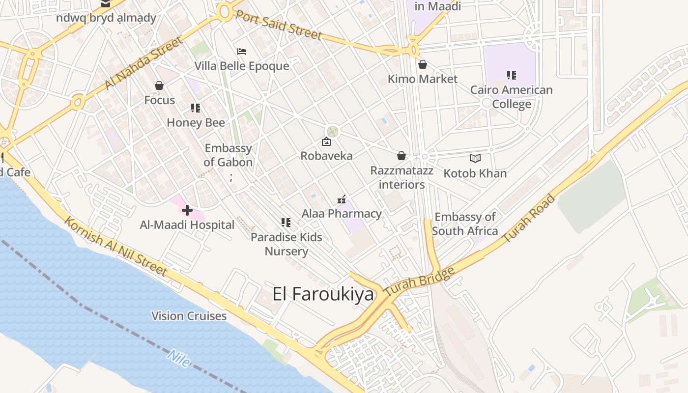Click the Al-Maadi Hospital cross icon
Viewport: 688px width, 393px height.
[x=187, y=211]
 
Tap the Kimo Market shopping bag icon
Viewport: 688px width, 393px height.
[x=422, y=64]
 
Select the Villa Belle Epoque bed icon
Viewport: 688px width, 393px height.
[x=241, y=52]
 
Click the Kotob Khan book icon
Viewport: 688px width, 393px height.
[x=475, y=158]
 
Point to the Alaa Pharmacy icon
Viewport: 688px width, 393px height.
[x=342, y=199]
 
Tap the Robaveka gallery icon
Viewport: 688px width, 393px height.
[x=326, y=142]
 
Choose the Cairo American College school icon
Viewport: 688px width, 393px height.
[x=512, y=75]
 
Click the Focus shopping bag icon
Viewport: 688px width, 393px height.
[x=159, y=86]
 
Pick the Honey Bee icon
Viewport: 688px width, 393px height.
[x=196, y=108]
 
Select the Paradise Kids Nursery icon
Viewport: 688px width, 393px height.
[x=286, y=223]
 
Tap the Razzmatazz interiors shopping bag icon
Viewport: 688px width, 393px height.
[x=401, y=156]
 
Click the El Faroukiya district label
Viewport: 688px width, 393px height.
[x=323, y=294]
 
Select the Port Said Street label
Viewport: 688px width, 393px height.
[x=278, y=24]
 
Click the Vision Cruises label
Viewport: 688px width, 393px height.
[x=189, y=316]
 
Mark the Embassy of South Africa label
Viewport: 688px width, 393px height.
[x=465, y=224]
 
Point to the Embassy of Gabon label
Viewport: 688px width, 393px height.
[x=228, y=155]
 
